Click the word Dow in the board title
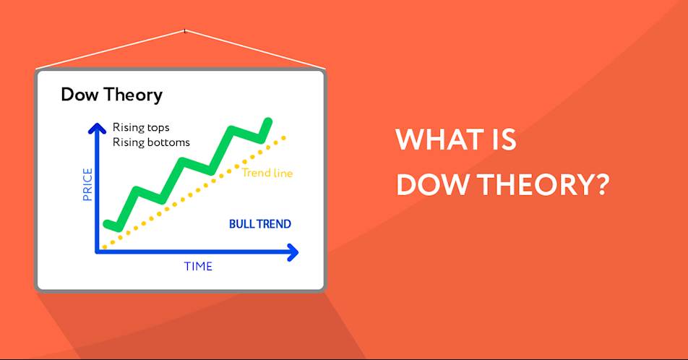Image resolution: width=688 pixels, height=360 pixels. point(79,95)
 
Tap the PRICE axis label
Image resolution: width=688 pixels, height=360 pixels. point(87,184)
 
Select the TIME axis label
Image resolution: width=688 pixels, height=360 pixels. point(198,267)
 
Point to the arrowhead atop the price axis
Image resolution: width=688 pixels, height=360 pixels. point(97,128)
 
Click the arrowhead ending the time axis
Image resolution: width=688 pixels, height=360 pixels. point(293,252)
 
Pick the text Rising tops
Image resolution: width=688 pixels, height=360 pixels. point(141,127)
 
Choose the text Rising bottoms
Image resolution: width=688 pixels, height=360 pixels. point(151,142)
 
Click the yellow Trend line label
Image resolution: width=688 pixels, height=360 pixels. point(267,173)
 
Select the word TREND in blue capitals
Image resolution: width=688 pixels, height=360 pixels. point(274,224)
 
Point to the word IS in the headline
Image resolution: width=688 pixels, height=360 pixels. point(504,140)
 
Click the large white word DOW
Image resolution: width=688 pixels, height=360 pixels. point(432,184)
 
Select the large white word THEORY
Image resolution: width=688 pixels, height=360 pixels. point(534,184)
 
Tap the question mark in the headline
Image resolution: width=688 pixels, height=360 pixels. point(601,184)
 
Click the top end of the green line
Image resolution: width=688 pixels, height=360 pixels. point(268,121)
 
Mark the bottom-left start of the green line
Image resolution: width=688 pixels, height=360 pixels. point(107,224)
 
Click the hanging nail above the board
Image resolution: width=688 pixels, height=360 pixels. point(185,31)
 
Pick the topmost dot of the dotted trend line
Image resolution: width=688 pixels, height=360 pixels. point(284,138)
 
